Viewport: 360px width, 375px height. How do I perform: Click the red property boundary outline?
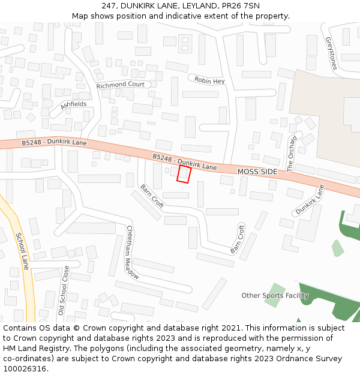click(x=184, y=174)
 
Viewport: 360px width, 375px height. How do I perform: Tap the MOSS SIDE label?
click(x=257, y=172)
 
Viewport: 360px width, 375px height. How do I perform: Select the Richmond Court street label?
click(x=121, y=85)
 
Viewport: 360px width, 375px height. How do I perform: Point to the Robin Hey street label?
click(x=209, y=81)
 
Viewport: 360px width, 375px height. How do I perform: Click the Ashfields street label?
click(x=73, y=104)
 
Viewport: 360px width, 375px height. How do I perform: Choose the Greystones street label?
click(x=331, y=53)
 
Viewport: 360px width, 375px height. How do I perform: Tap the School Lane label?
click(x=22, y=251)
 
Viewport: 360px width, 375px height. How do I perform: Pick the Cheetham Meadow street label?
click(x=133, y=252)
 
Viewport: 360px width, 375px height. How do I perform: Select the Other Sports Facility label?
click(x=275, y=295)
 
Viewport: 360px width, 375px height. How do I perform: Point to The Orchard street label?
click(x=292, y=154)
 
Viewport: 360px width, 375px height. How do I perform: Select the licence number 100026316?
click(x=25, y=369)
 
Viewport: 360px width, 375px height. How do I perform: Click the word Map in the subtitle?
click(x=80, y=16)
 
